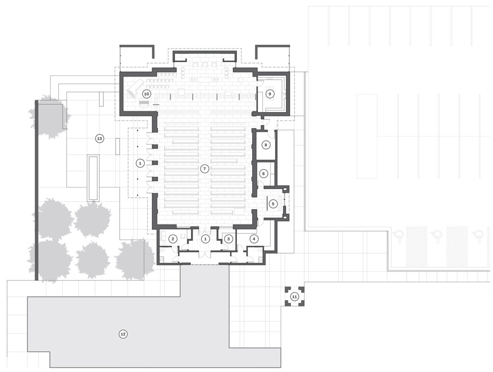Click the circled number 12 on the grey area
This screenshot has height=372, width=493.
click(x=123, y=334)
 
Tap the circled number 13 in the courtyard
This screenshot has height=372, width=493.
click(x=100, y=138)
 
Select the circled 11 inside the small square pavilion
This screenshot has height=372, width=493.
click(x=295, y=296)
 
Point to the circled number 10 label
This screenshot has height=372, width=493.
click(x=146, y=93)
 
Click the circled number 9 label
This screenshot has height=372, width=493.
click(x=270, y=93)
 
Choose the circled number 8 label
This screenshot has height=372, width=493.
click(x=266, y=145)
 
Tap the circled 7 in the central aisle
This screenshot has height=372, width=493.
click(x=204, y=169)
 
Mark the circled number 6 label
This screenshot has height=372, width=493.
click(x=263, y=173)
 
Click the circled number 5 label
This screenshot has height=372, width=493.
click(x=273, y=204)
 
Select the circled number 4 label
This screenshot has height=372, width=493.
click(x=254, y=239)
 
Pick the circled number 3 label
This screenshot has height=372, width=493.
click(x=229, y=239)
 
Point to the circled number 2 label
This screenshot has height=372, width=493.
click(x=173, y=239)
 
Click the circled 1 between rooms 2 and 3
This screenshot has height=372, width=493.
click(x=205, y=239)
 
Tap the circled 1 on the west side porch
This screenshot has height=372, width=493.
click(x=140, y=163)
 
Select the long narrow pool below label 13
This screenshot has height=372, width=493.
click(x=93, y=178)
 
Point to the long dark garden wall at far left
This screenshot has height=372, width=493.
click(x=37, y=190)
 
